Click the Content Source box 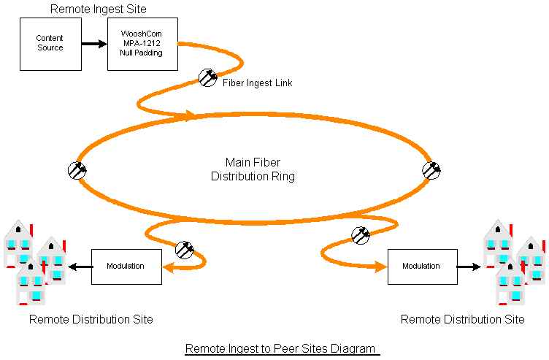[x=51, y=44]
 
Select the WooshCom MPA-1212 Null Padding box [x=142, y=44]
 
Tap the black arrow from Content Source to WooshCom [x=94, y=44]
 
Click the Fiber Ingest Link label [x=257, y=83]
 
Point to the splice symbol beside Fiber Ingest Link [x=207, y=77]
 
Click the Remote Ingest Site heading [x=99, y=9]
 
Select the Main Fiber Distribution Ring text [x=253, y=169]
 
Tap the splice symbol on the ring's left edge [x=77, y=171]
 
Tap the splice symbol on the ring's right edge [x=431, y=171]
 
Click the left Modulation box [x=126, y=267]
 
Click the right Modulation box [x=423, y=267]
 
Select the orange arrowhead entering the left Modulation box [x=168, y=268]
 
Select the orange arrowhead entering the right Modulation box [x=381, y=267]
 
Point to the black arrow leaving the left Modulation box [x=80, y=267]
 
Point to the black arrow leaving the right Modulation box [x=469, y=267]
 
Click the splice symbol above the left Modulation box [x=185, y=250]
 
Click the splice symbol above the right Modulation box [x=361, y=235]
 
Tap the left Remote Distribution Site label [x=91, y=319]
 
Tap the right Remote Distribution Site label [x=463, y=319]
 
